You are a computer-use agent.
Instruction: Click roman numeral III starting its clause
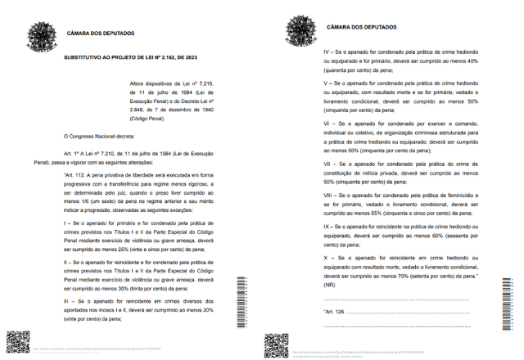click(65, 302)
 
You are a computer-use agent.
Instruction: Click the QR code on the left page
click(17, 343)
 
